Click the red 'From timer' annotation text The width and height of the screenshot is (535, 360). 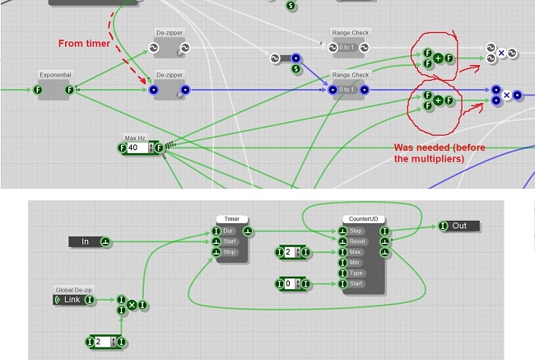coord(86,43)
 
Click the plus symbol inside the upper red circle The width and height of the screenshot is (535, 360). coord(438,58)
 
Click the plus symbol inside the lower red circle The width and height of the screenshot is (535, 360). coord(438,101)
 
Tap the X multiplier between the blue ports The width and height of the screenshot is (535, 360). coord(506,95)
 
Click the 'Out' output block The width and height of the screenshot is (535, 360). coord(458,226)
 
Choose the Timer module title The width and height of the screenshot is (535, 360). coord(232,219)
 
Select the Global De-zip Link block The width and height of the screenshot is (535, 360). coord(72,299)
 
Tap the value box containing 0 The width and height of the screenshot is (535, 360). coord(290,284)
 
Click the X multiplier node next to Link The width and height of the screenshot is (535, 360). coord(131,305)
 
